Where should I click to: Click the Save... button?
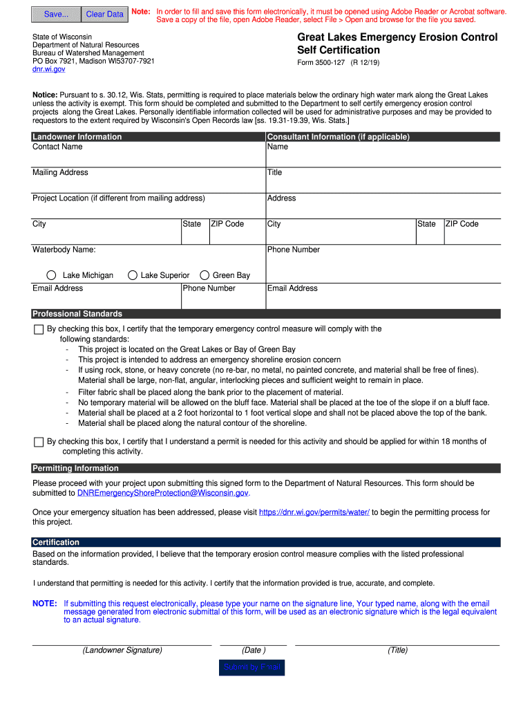point(56,14)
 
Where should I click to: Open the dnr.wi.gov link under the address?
point(49,69)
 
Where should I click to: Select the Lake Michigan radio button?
point(51,275)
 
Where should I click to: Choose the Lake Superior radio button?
point(133,275)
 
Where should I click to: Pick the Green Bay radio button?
point(205,275)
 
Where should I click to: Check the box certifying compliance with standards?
point(39,330)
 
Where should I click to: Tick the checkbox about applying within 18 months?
point(39,442)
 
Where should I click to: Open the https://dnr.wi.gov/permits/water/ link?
point(314,512)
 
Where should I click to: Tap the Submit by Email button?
point(251,667)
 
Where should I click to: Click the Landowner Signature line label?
point(122,650)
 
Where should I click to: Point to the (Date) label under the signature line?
point(254,650)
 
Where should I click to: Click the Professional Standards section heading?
point(77,314)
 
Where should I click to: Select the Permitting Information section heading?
point(75,469)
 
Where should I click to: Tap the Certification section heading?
point(56,542)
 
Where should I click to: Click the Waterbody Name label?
point(64,250)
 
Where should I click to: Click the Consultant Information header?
point(339,137)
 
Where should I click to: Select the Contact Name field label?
point(57,147)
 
